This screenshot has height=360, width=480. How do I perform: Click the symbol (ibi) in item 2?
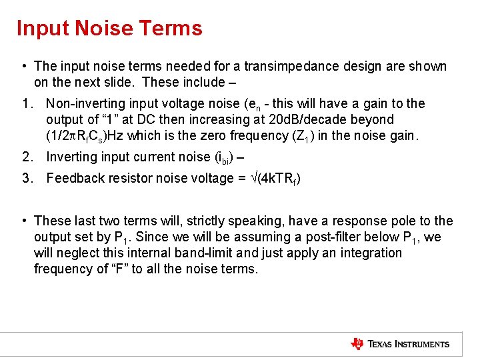(226, 157)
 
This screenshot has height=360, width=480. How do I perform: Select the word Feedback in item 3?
(73, 178)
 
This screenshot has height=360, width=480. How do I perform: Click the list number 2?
(26, 157)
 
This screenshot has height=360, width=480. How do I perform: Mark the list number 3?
(26, 178)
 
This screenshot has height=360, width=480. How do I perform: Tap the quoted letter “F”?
(118, 269)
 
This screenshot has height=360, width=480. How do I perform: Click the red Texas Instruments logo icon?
(357, 344)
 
